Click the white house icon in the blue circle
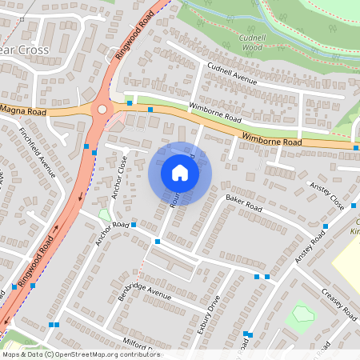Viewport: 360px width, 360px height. tap(180, 173)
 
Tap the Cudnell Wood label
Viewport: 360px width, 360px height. tap(250, 42)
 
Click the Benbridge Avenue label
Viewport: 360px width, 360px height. tap(145, 291)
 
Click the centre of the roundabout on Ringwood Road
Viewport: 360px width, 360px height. tap(102, 110)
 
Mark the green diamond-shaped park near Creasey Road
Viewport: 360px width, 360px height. tap(300, 313)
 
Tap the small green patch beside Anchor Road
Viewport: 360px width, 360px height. tap(105, 214)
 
